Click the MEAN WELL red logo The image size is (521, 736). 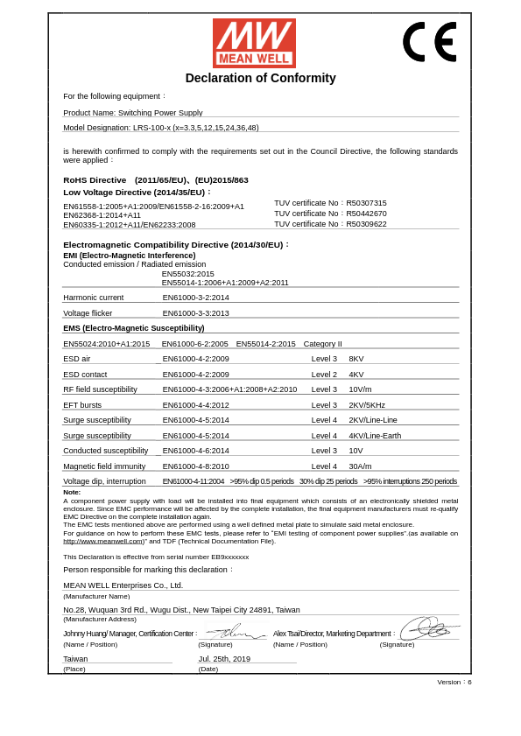pyautogui.click(x=254, y=43)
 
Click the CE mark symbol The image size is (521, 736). pyautogui.click(x=429, y=41)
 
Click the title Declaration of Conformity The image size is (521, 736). pyautogui.click(x=260, y=78)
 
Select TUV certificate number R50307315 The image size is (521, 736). pyautogui.click(x=366, y=203)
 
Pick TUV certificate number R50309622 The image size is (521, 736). pyautogui.click(x=366, y=224)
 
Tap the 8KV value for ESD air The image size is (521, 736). pyautogui.click(x=356, y=359)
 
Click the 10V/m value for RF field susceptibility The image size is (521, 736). pyautogui.click(x=360, y=389)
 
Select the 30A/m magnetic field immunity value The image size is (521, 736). pyautogui.click(x=360, y=466)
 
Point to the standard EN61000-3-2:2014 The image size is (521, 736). pyautogui.click(x=195, y=298)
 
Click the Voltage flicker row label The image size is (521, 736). pyautogui.click(x=88, y=312)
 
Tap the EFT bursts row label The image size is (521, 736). pyautogui.click(x=82, y=405)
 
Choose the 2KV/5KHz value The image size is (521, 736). pyautogui.click(x=367, y=405)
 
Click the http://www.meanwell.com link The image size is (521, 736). pyautogui.click(x=103, y=541)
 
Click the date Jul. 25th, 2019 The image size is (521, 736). pyautogui.click(x=224, y=659)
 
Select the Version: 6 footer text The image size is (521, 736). pyautogui.click(x=454, y=682)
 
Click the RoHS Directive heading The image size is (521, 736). pyautogui.click(x=95, y=180)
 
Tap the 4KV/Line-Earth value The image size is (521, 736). pyautogui.click(x=375, y=436)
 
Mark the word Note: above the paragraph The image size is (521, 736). pyautogui.click(x=72, y=492)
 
